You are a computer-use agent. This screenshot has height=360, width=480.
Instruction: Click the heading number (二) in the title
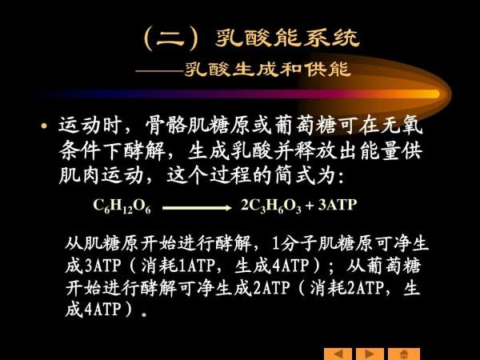[x=171, y=38]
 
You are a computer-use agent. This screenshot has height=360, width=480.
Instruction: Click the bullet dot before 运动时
[x=44, y=127]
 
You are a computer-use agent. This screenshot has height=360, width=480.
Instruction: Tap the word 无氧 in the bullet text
[x=406, y=126]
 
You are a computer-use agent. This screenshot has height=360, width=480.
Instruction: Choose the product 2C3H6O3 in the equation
[x=271, y=206]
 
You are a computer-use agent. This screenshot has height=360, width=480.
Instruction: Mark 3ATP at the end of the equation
[x=337, y=205]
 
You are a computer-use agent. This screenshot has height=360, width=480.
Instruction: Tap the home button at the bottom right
[x=404, y=354]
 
